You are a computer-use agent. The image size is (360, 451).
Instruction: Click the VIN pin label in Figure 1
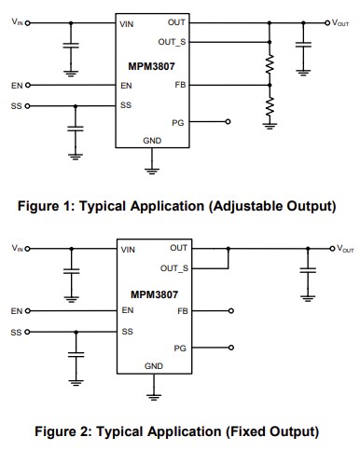coord(127,22)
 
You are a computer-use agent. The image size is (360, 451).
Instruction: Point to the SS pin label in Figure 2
coord(126,332)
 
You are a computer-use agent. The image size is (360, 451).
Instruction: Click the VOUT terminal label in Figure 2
coord(344,249)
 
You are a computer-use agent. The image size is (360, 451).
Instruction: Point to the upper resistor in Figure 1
coord(270,64)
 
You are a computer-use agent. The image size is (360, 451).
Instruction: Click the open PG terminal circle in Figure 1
coord(227,121)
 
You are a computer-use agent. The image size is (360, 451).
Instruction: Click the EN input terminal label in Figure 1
coord(16,85)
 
